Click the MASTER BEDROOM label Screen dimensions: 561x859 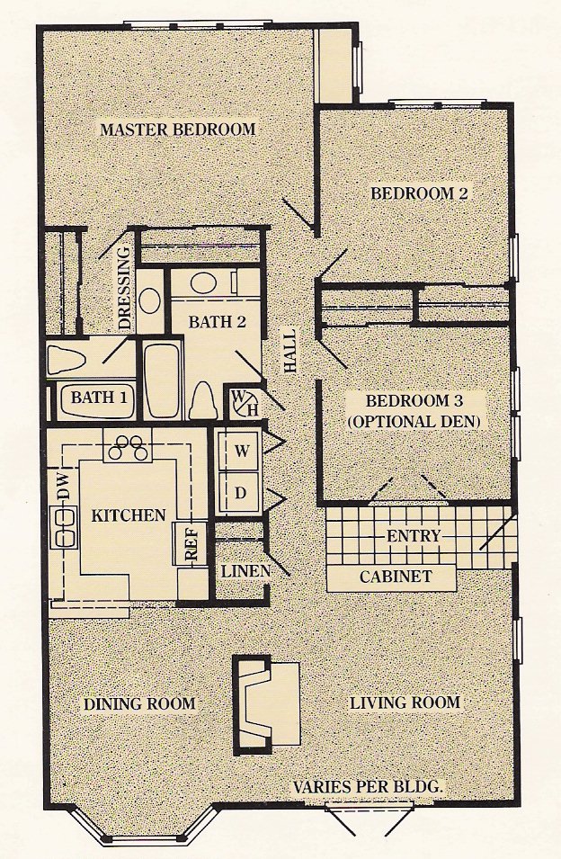click(178, 130)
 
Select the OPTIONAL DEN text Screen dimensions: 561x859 click(414, 421)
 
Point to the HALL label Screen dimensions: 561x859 click(289, 350)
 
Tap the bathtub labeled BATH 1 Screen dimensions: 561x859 click(99, 398)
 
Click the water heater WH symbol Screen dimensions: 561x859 click(245, 402)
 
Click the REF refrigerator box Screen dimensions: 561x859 click(190, 542)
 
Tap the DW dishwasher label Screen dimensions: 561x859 click(65, 486)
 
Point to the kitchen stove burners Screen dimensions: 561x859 click(128, 446)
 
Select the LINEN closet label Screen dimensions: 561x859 click(245, 571)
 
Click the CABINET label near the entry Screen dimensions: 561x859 click(396, 577)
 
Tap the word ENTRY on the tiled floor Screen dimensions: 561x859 click(414, 535)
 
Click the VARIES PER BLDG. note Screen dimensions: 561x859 click(368, 787)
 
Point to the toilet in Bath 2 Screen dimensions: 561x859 click(203, 400)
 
